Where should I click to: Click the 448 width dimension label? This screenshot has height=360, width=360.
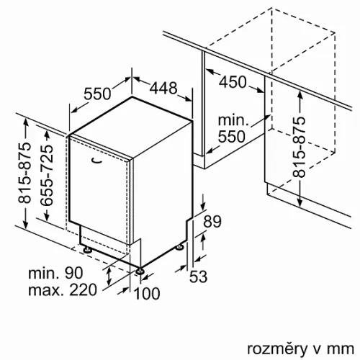[163, 88]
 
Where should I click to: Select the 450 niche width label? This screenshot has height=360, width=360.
[233, 82]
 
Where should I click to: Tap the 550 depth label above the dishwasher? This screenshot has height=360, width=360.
[97, 94]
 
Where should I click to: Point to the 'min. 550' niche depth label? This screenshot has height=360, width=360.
[233, 128]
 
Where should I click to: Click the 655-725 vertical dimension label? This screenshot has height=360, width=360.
[46, 175]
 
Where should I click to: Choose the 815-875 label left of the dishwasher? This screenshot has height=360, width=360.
[25, 173]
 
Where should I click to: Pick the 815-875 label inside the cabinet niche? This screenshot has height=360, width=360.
[299, 147]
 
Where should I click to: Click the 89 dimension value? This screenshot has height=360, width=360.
[212, 222]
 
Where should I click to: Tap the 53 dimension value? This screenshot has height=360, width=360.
[198, 276]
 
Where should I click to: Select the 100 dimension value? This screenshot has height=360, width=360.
[147, 293]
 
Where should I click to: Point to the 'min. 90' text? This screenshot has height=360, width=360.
[55, 273]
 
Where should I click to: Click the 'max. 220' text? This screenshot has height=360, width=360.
[63, 290]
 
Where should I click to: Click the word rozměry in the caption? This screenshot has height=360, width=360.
[277, 349]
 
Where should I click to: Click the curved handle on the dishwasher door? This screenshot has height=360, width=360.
[96, 161]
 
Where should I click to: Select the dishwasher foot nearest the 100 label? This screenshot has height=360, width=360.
[140, 271]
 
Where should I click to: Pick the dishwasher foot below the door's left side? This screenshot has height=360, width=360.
[87, 249]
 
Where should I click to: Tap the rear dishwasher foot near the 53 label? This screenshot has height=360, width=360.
[180, 247]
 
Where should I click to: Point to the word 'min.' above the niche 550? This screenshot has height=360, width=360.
[233, 120]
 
